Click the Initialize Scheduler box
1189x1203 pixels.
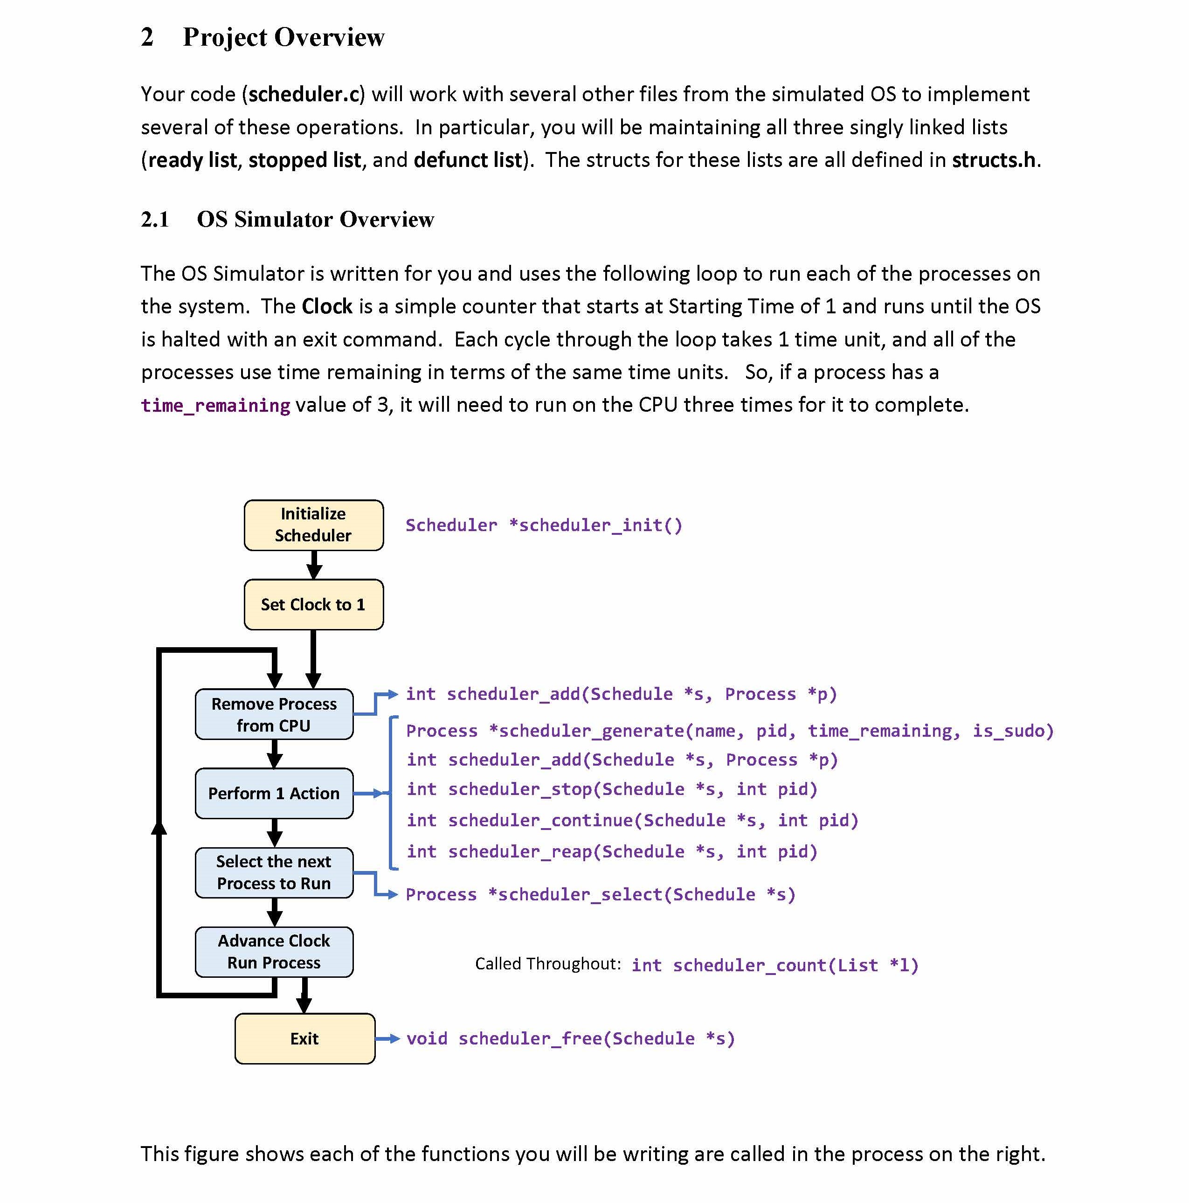click(313, 525)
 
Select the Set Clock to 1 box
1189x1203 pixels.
click(313, 605)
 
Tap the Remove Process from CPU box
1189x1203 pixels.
click(274, 714)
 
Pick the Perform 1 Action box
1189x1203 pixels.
click(274, 793)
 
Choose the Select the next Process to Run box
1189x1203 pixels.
click(274, 872)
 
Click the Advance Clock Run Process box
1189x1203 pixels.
click(274, 951)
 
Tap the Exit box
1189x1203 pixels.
click(304, 1038)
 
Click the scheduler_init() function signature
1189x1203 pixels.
click(544, 525)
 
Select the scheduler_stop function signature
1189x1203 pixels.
click(611, 789)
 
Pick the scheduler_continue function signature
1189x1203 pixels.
click(632, 821)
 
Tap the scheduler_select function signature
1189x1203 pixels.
click(600, 895)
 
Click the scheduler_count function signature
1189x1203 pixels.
click(774, 966)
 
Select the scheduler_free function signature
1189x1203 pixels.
click(570, 1038)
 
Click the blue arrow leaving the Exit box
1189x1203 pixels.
click(387, 1038)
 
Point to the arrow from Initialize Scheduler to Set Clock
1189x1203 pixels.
click(314, 565)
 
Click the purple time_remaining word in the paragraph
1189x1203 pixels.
click(215, 405)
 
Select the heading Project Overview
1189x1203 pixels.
click(283, 37)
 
